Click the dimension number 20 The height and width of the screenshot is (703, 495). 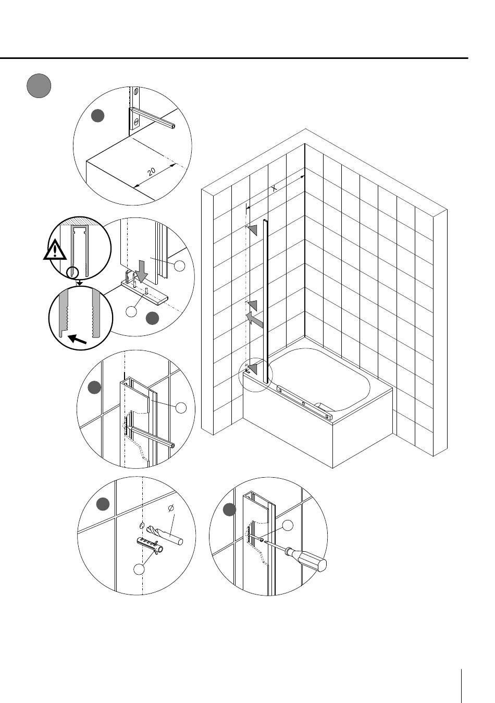(152, 172)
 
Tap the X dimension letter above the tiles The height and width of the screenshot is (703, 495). (274, 188)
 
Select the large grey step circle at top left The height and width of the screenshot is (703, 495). (39, 86)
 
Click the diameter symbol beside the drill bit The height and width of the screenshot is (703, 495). (171, 508)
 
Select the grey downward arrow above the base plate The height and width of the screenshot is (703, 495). (141, 271)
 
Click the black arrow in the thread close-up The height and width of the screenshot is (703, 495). (77, 339)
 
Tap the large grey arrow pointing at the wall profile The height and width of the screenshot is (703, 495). (254, 320)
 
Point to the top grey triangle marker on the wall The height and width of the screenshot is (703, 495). (253, 230)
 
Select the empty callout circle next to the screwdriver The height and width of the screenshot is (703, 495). (288, 525)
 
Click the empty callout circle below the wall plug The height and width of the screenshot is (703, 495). (139, 569)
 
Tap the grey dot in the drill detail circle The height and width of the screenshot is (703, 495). (103, 504)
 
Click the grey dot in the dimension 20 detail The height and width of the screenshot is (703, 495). (97, 116)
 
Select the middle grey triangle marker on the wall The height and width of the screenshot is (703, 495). (252, 306)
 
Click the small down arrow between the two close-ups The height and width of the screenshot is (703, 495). (80, 283)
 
